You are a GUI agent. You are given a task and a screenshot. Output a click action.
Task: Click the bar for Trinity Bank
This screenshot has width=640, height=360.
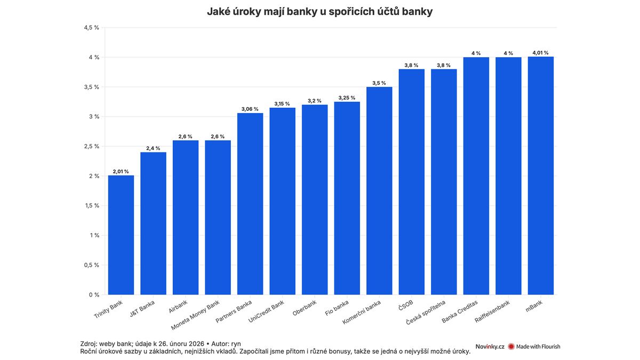[x=121, y=235]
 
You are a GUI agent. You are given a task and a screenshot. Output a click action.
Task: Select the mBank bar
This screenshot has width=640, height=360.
[x=541, y=176]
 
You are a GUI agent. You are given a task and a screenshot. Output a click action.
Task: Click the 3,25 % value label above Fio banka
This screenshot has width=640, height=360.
[x=347, y=98]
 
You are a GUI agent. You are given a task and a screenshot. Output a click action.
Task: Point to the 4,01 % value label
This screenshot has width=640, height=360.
[x=541, y=53]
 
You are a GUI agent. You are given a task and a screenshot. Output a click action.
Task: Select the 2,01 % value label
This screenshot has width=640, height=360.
[x=121, y=172]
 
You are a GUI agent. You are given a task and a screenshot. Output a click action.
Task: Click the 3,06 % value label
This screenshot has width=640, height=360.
[x=250, y=109]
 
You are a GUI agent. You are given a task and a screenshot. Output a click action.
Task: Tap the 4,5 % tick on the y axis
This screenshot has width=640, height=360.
[x=92, y=28]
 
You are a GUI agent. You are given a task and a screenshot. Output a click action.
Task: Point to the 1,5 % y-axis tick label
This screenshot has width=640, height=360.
[x=92, y=206]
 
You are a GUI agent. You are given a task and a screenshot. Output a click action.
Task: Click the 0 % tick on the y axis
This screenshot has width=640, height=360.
[x=94, y=294]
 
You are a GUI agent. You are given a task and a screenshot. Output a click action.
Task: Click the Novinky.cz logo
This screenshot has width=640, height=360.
[x=490, y=347]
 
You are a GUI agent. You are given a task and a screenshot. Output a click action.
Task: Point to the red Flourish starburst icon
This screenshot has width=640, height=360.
[x=511, y=347]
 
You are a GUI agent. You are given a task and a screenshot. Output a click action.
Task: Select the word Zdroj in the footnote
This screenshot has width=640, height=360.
[x=90, y=343]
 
